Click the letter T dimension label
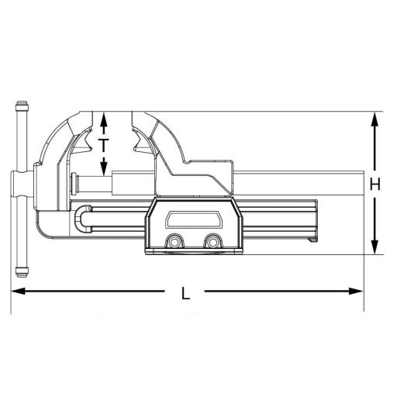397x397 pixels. pos(104,144)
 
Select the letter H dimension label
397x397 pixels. pos(375,184)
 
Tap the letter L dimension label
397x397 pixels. pos(185,293)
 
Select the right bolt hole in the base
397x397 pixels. pos(212,243)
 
